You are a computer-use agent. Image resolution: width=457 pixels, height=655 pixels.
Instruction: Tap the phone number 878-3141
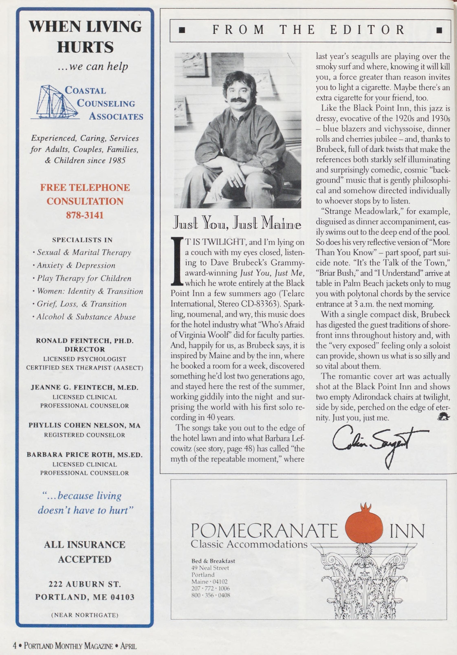[85, 215]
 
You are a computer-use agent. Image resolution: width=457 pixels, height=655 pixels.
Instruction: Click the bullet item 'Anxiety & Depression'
[76, 265]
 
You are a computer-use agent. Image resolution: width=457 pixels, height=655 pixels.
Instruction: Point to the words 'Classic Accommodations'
[249, 544]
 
